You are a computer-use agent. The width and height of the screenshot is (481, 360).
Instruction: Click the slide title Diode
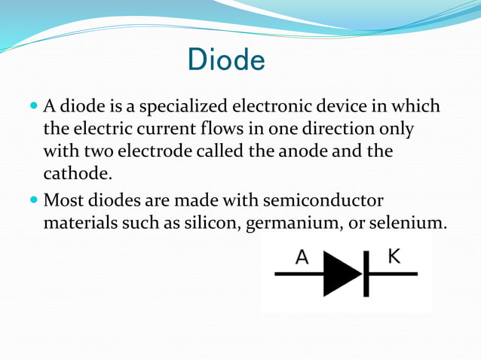point(226,60)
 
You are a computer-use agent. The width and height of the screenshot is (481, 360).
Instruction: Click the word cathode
point(77,174)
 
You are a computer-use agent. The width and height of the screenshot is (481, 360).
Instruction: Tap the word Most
point(63,202)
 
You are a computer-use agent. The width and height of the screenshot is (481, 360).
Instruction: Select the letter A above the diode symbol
point(302,258)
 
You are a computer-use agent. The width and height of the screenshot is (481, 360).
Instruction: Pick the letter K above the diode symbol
point(394,256)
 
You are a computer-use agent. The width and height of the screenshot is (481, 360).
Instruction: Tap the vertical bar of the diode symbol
point(364,274)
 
